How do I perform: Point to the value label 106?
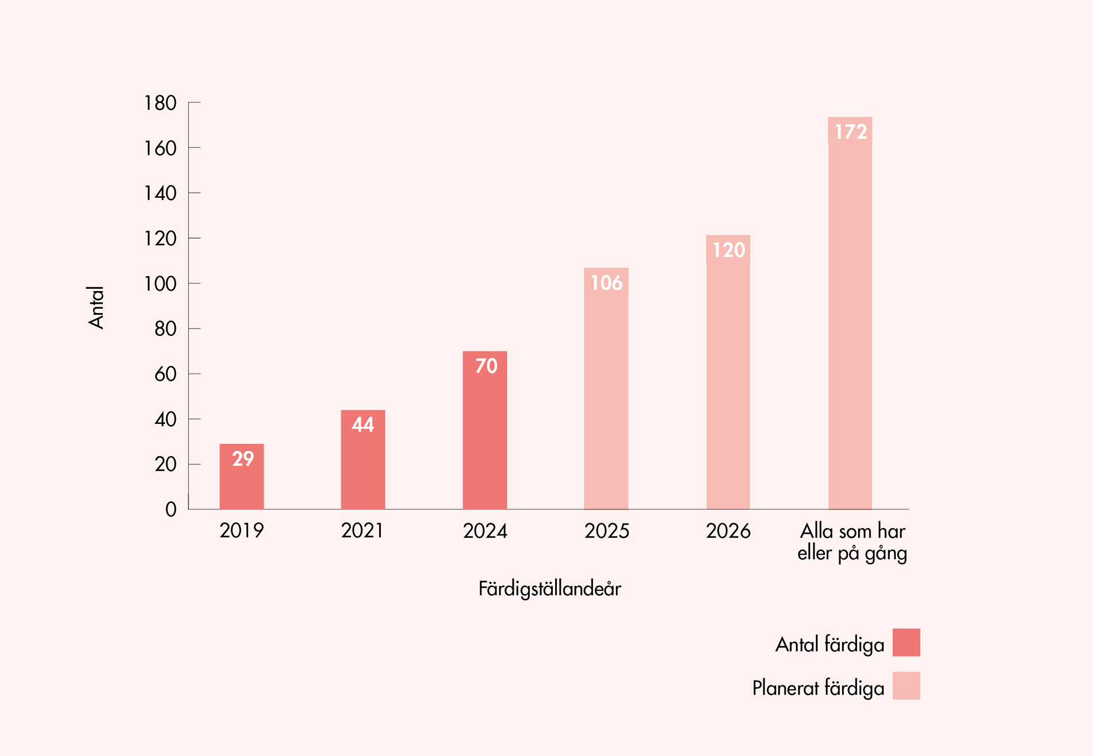click(606, 283)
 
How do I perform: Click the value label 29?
click(243, 459)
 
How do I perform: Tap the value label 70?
click(486, 366)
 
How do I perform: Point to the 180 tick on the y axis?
click(160, 103)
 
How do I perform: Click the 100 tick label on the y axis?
click(160, 284)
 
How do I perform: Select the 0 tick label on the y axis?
click(171, 509)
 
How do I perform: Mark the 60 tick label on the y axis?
click(165, 374)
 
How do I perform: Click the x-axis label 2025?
click(607, 530)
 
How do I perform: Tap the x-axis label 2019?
click(242, 530)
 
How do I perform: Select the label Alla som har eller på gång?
click(852, 541)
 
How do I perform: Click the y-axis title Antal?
click(96, 307)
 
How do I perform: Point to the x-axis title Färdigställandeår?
click(549, 589)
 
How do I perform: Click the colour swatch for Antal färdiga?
click(906, 643)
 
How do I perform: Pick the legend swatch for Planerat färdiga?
click(906, 686)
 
